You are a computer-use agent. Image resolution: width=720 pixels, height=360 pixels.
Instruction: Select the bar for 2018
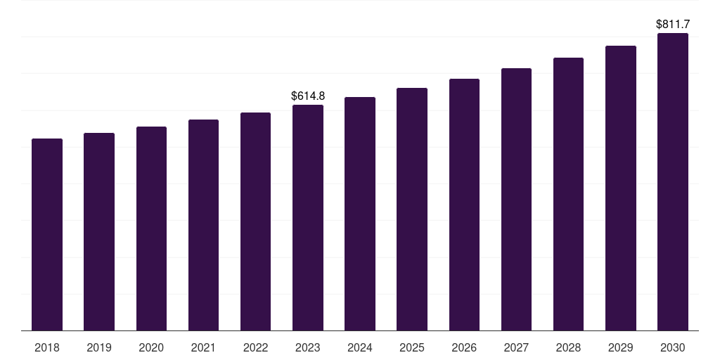coord(47,235)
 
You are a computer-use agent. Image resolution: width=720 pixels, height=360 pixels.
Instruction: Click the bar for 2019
coord(99,232)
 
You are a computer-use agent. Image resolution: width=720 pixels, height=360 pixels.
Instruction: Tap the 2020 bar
coord(152,229)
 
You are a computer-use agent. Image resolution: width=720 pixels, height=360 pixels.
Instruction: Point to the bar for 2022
coord(255,221)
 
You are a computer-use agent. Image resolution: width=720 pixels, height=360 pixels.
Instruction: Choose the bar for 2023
coord(308,218)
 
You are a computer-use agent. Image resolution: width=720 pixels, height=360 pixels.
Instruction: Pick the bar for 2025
coord(412,210)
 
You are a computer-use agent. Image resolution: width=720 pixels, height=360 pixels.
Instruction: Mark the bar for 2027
coord(516,199)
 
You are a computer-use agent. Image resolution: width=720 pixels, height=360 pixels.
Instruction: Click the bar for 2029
coord(621,188)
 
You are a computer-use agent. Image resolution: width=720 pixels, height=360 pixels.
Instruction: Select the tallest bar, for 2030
coord(673,182)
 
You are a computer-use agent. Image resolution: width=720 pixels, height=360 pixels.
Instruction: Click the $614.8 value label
coord(308,96)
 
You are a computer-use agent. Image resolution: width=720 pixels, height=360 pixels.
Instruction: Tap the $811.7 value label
coord(673,25)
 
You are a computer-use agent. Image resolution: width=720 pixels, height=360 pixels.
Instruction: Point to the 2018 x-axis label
coord(47,347)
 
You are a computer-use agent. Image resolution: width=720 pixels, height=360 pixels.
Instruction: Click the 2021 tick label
coord(203,347)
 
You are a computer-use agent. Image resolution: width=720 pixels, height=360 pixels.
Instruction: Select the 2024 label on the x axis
coord(360,347)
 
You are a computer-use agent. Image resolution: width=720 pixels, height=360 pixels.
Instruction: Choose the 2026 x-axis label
coord(464,347)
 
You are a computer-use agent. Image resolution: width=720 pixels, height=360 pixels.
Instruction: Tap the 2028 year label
coord(568,347)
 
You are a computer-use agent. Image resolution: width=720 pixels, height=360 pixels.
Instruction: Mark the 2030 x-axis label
coord(673,347)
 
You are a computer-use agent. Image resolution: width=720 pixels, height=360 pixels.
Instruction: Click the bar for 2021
coord(203,225)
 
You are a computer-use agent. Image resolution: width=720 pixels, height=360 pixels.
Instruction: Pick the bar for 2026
coord(464,205)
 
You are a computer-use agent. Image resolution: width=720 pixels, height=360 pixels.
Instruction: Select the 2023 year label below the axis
coord(308,347)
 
